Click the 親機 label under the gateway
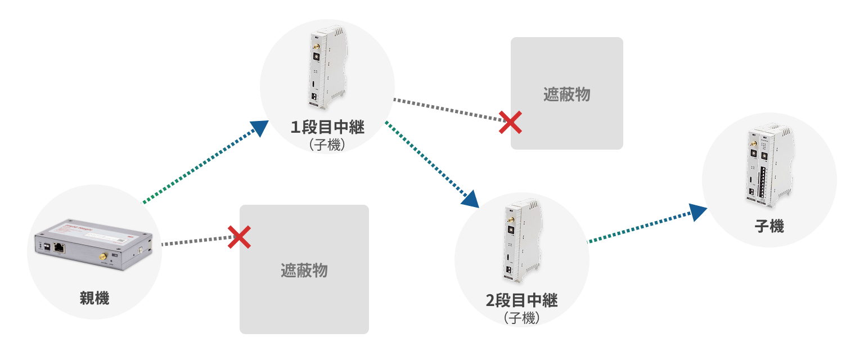pyautogui.click(x=94, y=298)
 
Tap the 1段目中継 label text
pyautogui.click(x=327, y=127)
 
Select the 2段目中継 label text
pyautogui.click(x=521, y=300)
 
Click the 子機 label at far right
pyautogui.click(x=769, y=226)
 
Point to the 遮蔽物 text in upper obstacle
pyautogui.click(x=566, y=94)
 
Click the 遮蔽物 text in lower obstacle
pyautogui.click(x=304, y=271)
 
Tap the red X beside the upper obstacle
pyautogui.click(x=510, y=122)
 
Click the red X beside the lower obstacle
pyautogui.click(x=239, y=237)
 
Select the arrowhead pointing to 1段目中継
pyautogui.click(x=259, y=128)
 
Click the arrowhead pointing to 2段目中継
pyautogui.click(x=470, y=199)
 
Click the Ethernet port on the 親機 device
pyautogui.click(x=59, y=247)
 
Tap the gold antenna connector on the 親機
pyautogui.click(x=103, y=256)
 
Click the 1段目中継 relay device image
pyautogui.click(x=327, y=67)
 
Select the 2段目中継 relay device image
pyautogui.click(x=522, y=240)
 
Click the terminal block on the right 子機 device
pyautogui.click(x=763, y=182)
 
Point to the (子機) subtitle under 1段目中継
pyautogui.click(x=327, y=145)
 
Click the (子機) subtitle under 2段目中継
pyautogui.click(x=521, y=318)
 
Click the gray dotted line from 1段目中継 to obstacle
pyautogui.click(x=447, y=110)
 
